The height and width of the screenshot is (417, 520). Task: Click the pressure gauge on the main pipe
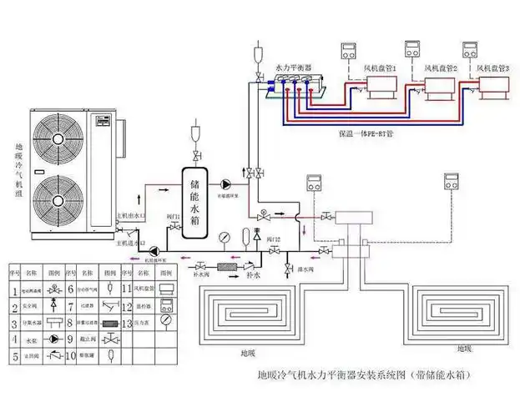click(227, 237)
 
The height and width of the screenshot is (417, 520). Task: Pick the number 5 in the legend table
click(15, 356)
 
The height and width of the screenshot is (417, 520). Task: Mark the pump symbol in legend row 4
click(52, 339)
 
